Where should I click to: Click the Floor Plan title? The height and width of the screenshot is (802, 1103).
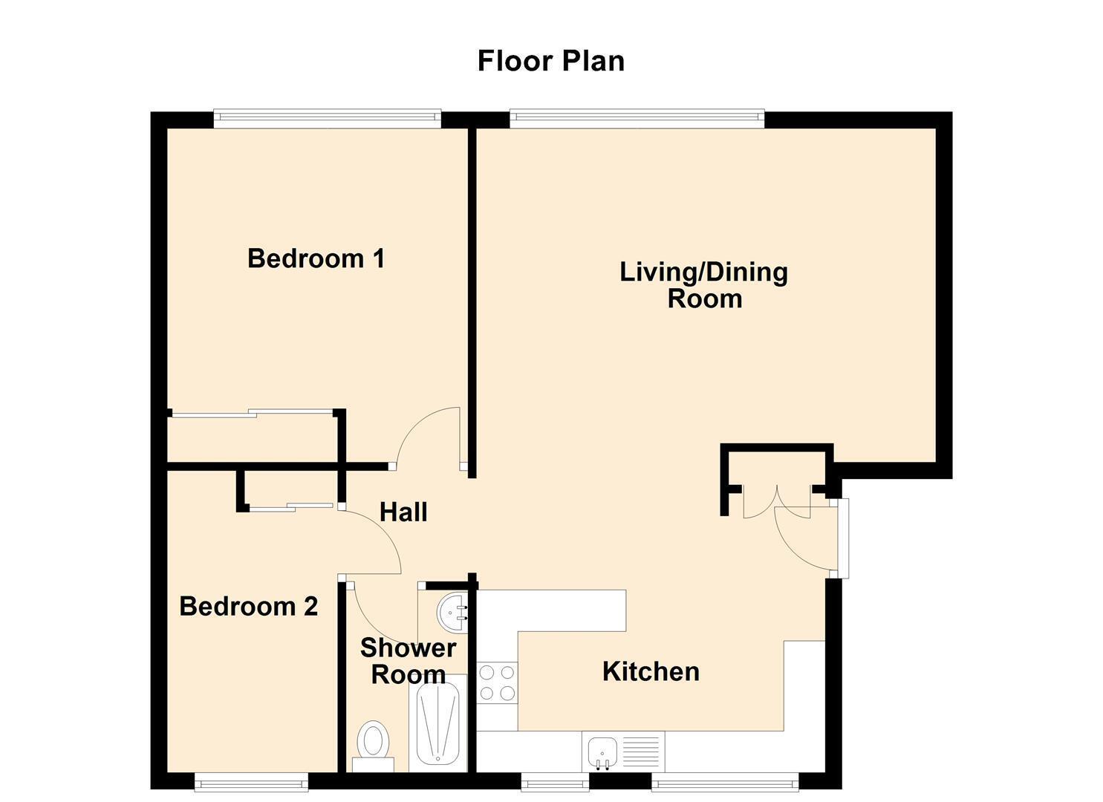tap(551, 61)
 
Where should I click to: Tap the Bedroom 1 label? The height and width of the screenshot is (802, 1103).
tap(316, 258)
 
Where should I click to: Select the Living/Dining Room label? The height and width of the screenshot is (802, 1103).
tap(703, 286)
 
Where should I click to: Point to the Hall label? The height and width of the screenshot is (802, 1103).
tap(403, 512)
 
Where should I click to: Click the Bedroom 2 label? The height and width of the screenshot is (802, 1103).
tap(249, 606)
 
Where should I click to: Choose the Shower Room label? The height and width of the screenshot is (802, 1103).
tap(409, 661)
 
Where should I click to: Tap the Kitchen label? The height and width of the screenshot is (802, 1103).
tap(651, 671)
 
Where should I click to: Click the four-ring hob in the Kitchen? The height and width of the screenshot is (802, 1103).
tap(498, 683)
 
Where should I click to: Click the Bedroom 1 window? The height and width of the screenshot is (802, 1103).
tap(328, 118)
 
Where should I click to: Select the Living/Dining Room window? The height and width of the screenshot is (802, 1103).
tap(637, 118)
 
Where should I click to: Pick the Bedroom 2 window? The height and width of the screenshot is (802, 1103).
tap(251, 781)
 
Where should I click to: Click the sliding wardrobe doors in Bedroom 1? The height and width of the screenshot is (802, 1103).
tap(252, 414)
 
